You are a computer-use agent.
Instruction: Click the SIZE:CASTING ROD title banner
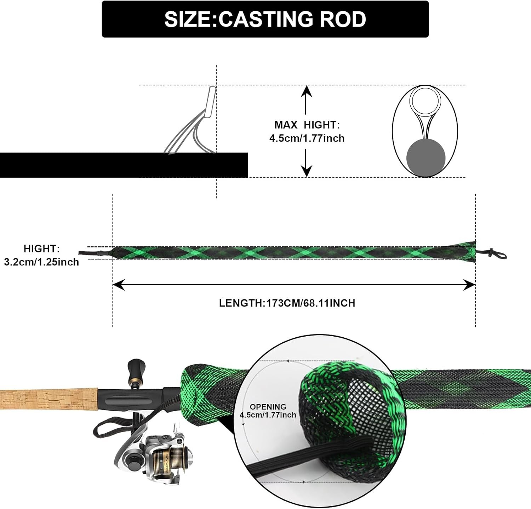[265, 19]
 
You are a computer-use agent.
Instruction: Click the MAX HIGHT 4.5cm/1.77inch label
[307, 131]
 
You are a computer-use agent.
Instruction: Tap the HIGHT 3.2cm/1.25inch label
[41, 255]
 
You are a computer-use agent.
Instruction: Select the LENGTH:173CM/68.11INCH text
[287, 303]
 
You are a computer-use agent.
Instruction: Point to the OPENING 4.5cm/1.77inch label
[268, 411]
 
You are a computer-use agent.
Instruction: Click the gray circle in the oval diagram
[425, 158]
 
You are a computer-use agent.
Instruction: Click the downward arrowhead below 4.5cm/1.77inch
[307, 171]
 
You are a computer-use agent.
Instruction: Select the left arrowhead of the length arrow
[118, 285]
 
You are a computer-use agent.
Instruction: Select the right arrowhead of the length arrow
[470, 285]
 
